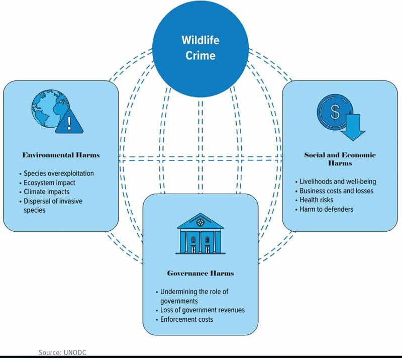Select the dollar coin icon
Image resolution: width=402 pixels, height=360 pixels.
334,112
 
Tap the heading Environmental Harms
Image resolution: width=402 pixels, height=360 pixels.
61,155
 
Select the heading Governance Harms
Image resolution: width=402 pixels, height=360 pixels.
200,274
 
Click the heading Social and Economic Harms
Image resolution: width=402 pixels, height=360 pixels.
340,159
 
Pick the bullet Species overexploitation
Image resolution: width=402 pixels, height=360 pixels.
59,173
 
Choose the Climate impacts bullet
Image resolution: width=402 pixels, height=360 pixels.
47,192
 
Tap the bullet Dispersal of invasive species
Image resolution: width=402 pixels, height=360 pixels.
53,205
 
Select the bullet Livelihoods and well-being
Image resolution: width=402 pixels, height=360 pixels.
338,182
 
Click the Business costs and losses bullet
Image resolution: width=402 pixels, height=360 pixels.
336,191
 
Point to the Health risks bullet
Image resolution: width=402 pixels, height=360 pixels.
316,200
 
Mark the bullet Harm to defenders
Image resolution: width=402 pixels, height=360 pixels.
326,209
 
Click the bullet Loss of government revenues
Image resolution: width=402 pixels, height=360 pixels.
203,310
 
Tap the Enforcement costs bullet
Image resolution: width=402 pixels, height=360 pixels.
187,319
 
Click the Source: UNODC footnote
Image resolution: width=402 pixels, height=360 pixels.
59,353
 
